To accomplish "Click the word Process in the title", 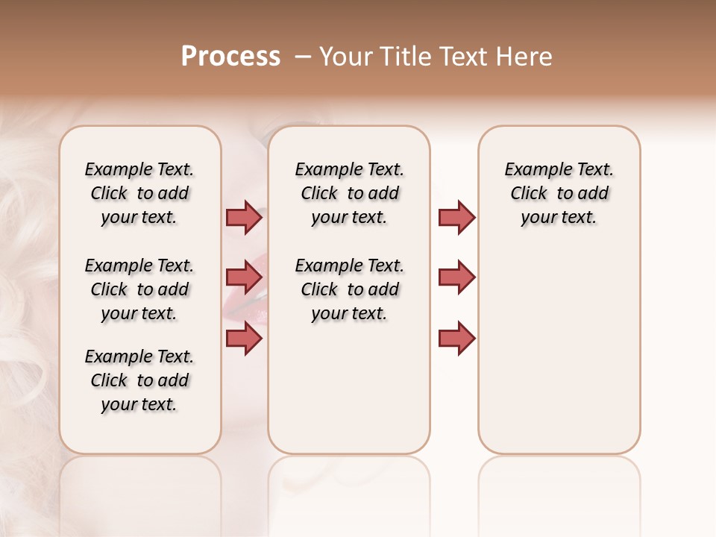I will [230, 57].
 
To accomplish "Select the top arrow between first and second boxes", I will [244, 217].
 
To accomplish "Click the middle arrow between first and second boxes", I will [244, 277].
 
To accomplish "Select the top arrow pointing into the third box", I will [456, 217].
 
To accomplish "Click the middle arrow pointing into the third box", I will [456, 277].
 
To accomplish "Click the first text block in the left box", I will [139, 193].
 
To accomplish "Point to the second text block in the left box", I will [139, 289].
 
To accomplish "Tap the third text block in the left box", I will [139, 380].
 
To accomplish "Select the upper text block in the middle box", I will [349, 193].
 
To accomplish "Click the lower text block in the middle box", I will [349, 289].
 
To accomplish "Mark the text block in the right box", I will [559, 193].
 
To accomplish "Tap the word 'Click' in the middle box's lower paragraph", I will [319, 289].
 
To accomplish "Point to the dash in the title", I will [303, 57].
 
